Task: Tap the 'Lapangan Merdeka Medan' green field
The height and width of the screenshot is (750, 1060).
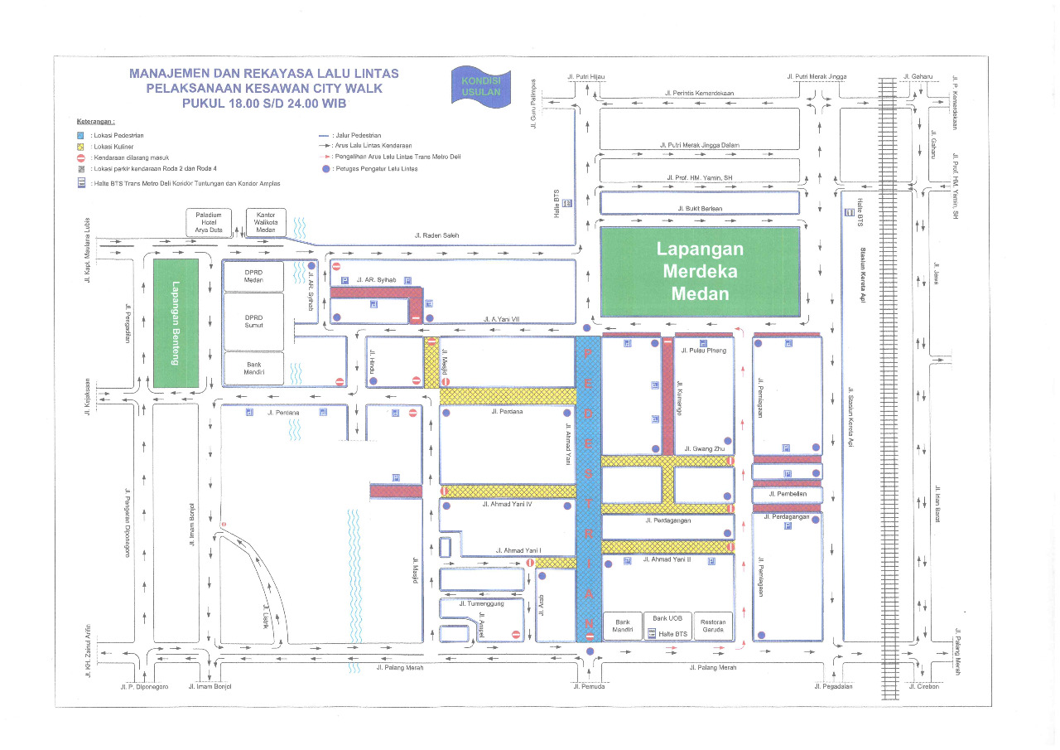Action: point(700,271)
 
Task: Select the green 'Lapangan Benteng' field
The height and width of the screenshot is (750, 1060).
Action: point(176,323)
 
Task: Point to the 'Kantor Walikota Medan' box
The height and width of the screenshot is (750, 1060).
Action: point(266,223)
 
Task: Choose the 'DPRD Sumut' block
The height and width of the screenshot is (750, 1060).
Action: point(253,322)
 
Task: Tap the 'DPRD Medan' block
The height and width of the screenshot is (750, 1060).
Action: point(253,276)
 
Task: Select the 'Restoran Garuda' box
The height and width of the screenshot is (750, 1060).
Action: point(713,626)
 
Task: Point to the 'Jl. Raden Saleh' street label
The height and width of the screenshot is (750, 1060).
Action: point(436,235)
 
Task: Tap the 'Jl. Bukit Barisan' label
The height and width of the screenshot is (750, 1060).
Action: point(699,208)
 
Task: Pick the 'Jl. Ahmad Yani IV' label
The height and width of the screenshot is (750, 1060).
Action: point(506,503)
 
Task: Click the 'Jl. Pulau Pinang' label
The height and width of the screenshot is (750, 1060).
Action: point(703,351)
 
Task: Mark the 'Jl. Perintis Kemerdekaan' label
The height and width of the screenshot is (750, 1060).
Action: point(699,94)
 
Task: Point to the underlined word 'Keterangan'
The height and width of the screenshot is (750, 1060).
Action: point(95,121)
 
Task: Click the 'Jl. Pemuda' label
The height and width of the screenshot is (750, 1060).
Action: point(589,686)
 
